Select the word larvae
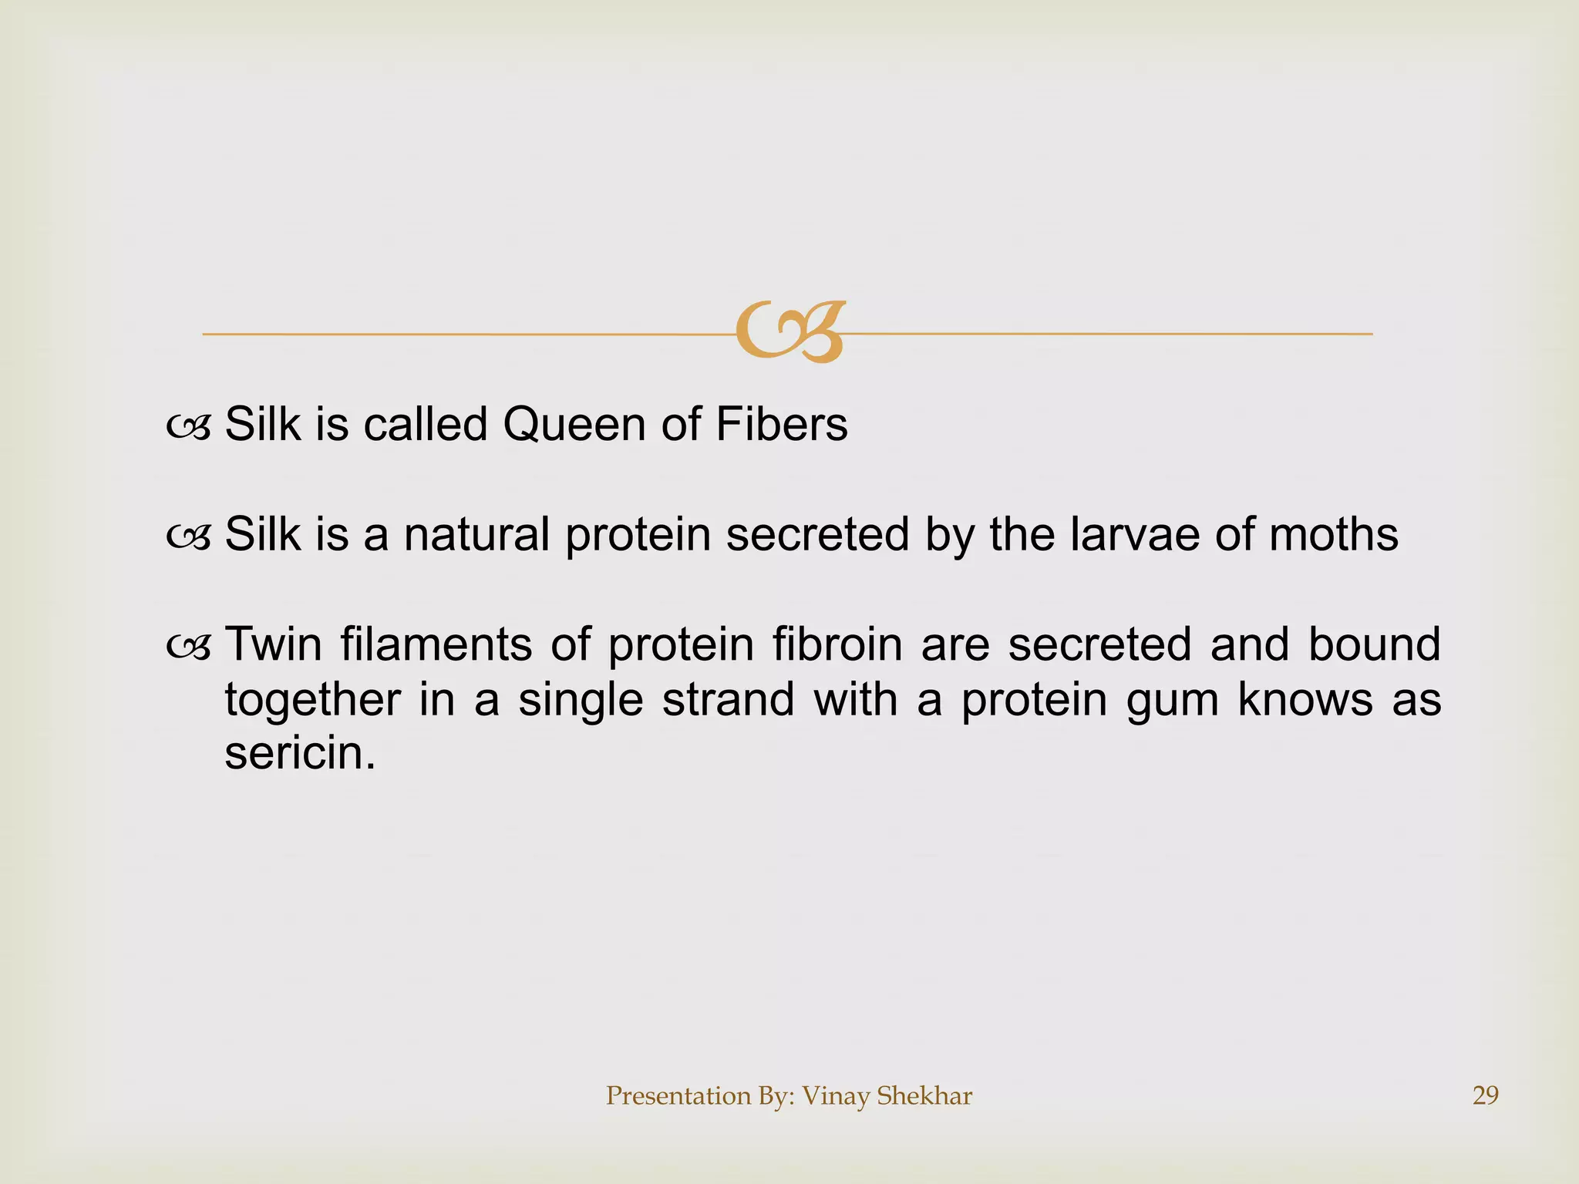(1134, 534)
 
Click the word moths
(1333, 534)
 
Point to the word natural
(476, 534)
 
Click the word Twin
(273, 644)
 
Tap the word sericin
(299, 753)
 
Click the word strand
(728, 700)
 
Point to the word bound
(1374, 644)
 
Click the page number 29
(1485, 1095)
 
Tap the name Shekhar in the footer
(924, 1095)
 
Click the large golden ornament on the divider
(789, 332)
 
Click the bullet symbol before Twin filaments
(188, 648)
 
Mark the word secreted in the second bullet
(817, 534)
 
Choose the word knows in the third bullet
(1305, 700)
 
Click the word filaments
(436, 644)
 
